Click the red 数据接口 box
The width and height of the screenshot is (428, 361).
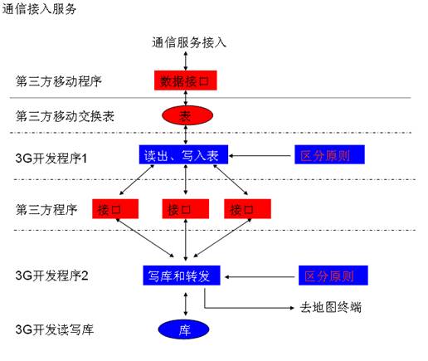click(x=185, y=80)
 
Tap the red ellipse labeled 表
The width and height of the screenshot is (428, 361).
click(x=187, y=115)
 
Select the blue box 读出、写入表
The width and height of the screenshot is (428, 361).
click(x=183, y=154)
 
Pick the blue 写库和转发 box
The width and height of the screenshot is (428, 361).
click(x=182, y=276)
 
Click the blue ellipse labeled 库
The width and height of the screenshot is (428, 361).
click(x=183, y=329)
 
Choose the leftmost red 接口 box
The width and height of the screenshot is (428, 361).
click(x=115, y=209)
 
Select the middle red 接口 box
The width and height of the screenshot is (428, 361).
click(x=186, y=209)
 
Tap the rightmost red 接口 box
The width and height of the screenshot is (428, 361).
click(x=247, y=209)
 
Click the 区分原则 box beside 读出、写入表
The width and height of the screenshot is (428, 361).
click(x=329, y=154)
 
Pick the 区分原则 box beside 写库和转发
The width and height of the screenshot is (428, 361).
click(x=333, y=276)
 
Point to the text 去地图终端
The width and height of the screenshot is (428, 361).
click(x=331, y=307)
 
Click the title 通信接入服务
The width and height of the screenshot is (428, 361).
click(x=39, y=9)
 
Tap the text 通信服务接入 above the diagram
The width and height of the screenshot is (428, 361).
click(x=189, y=42)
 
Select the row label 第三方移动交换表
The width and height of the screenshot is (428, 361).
click(x=65, y=116)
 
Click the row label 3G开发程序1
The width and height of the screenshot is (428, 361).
click(x=51, y=159)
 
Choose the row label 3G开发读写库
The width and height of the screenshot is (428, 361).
click(x=55, y=329)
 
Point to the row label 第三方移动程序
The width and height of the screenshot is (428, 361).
click(x=59, y=81)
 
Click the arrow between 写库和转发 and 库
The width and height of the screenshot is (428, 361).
click(x=186, y=304)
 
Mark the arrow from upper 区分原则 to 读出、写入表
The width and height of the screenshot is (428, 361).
click(x=260, y=156)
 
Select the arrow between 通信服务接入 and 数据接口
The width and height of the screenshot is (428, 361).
click(x=186, y=61)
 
